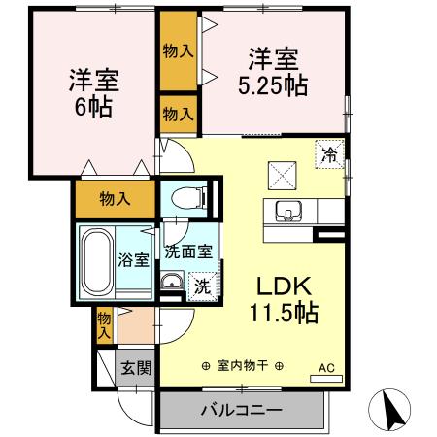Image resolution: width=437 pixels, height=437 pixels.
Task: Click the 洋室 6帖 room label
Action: pos(89,90)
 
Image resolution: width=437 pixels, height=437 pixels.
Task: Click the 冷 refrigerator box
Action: pos(330,152)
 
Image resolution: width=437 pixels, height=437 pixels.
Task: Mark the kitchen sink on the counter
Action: pos(289,210)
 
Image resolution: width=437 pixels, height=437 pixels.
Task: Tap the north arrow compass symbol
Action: pos(393,412)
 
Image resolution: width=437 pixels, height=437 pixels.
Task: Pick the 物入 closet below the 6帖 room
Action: pos(115,198)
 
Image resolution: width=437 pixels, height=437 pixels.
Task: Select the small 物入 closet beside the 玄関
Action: pos(104,323)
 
